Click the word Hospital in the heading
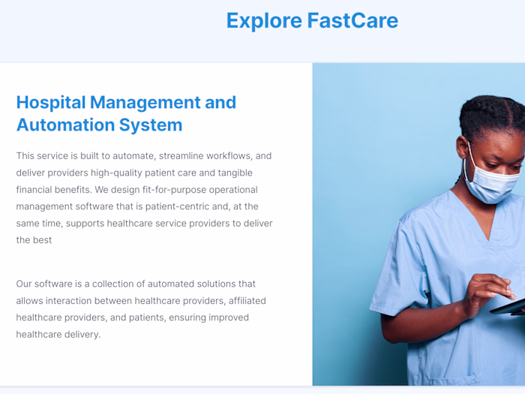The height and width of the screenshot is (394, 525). click(52, 103)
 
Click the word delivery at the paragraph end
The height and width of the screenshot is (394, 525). click(81, 334)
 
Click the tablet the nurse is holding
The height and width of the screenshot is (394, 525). click(510, 306)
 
